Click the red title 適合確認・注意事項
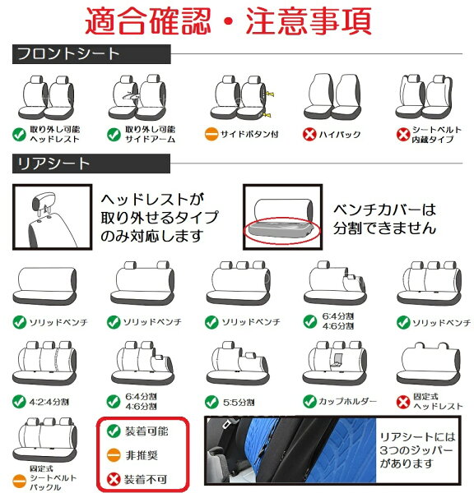228,21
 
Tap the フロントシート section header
91,54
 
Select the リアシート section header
91,164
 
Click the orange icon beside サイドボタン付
211,134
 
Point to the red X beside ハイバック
309,134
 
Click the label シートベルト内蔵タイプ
436,135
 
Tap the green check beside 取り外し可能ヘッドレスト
19,135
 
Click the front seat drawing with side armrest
137,97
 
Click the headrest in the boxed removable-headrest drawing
44,201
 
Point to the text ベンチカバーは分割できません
384,219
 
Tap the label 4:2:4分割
49,402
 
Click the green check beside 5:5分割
211,402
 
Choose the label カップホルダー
347,401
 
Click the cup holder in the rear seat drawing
337,361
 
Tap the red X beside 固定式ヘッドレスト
403,402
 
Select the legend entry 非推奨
132,455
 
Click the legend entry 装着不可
137,479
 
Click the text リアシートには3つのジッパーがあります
417,450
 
